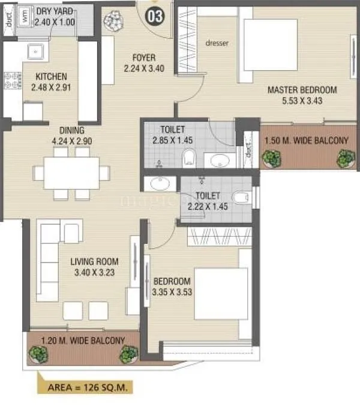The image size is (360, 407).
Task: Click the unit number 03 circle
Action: [154, 16]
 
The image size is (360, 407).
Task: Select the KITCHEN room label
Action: [51, 77]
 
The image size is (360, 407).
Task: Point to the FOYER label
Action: [144, 58]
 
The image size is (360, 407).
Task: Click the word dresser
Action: [217, 43]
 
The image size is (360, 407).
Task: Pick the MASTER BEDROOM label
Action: [302, 90]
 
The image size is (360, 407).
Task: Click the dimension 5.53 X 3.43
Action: [302, 101]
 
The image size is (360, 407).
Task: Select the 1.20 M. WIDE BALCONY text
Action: [83, 340]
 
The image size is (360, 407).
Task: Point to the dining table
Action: [71, 173]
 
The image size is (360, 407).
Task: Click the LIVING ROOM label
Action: [94, 261]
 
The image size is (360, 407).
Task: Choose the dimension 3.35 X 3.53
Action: [172, 292]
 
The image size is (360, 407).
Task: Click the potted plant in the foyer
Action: [113, 20]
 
